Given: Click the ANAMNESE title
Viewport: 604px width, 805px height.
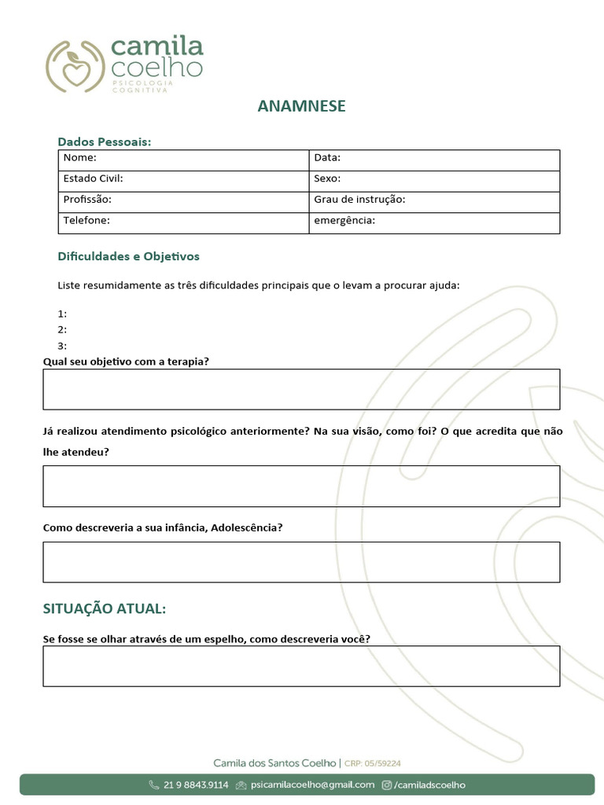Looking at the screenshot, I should coord(301,106).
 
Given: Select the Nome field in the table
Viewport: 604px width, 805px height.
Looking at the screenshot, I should coord(184,160).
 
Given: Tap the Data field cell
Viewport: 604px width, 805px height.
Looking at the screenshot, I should coord(434,160).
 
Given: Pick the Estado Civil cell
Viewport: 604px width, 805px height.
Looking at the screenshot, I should coord(184,181).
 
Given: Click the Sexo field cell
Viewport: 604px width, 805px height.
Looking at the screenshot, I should coord(434,181).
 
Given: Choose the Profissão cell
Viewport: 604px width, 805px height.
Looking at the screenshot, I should coord(184,202).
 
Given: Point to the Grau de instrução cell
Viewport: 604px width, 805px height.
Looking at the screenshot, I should coord(434,202).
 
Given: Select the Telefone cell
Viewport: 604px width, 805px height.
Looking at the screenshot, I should coord(184,223).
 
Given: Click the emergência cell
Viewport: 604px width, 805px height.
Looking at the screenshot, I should coord(434,223).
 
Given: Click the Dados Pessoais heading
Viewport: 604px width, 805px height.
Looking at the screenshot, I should coord(104,142).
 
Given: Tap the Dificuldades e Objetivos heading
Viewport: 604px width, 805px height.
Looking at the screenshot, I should coord(128,256).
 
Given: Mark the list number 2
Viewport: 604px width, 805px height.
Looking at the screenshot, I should coord(62,329).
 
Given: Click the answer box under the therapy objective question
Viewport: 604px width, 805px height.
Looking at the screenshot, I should coord(301,389).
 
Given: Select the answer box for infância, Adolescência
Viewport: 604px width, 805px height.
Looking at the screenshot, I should coord(301,561).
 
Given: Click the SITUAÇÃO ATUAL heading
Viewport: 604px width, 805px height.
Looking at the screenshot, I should coord(104,609).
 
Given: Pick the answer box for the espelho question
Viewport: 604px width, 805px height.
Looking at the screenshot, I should coord(301,666).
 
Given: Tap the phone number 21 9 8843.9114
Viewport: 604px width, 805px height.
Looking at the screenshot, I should coord(196,785).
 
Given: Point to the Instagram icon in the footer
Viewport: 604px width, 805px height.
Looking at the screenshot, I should coord(387,785).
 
